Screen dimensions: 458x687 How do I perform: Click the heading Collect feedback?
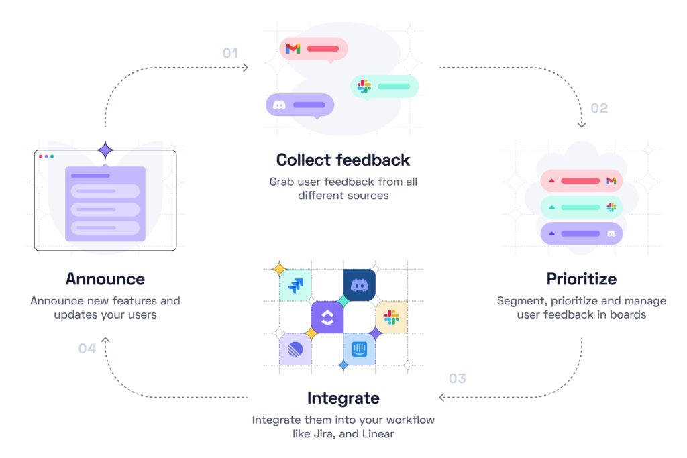pos(343,160)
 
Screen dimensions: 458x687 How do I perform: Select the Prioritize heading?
pos(581,278)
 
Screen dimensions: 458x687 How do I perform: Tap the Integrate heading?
pos(343,398)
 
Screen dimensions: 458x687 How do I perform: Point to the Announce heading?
pos(105,278)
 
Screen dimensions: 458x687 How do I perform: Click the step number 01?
pos(230,52)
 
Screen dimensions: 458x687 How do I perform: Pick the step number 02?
pos(599,108)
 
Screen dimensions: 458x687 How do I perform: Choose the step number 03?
pos(457,378)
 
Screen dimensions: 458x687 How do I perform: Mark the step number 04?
pos(87,349)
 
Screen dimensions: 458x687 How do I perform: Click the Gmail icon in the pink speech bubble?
pos(293,48)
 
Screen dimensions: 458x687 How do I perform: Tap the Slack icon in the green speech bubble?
pos(364,87)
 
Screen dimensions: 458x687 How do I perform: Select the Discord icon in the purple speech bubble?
pos(279,105)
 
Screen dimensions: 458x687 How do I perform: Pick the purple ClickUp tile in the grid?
pos(327,317)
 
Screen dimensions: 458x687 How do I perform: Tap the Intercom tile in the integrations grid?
pos(360,349)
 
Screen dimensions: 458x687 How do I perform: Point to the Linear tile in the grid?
pos(295,349)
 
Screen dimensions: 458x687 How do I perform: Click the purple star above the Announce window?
pos(105,150)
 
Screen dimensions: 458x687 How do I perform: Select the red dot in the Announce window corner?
pos(40,156)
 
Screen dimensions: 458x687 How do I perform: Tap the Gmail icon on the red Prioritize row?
pos(611,181)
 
